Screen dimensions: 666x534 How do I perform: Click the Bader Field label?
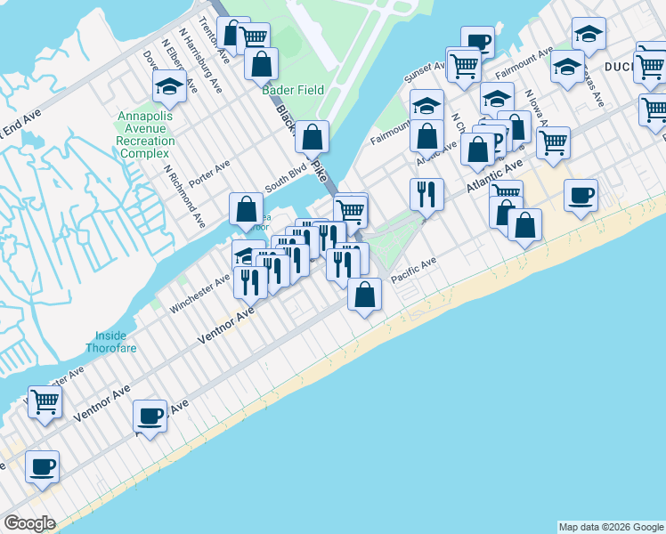[293, 90]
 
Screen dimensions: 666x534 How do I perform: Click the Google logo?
[29, 523]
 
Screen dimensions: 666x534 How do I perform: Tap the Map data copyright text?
[611, 527]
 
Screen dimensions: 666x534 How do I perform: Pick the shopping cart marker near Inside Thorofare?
[44, 400]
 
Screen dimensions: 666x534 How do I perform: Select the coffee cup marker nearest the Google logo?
[42, 465]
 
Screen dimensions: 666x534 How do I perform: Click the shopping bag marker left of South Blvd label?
[246, 209]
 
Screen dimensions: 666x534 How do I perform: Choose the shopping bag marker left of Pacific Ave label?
[364, 295]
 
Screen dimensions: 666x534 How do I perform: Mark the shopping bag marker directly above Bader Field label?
[261, 63]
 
